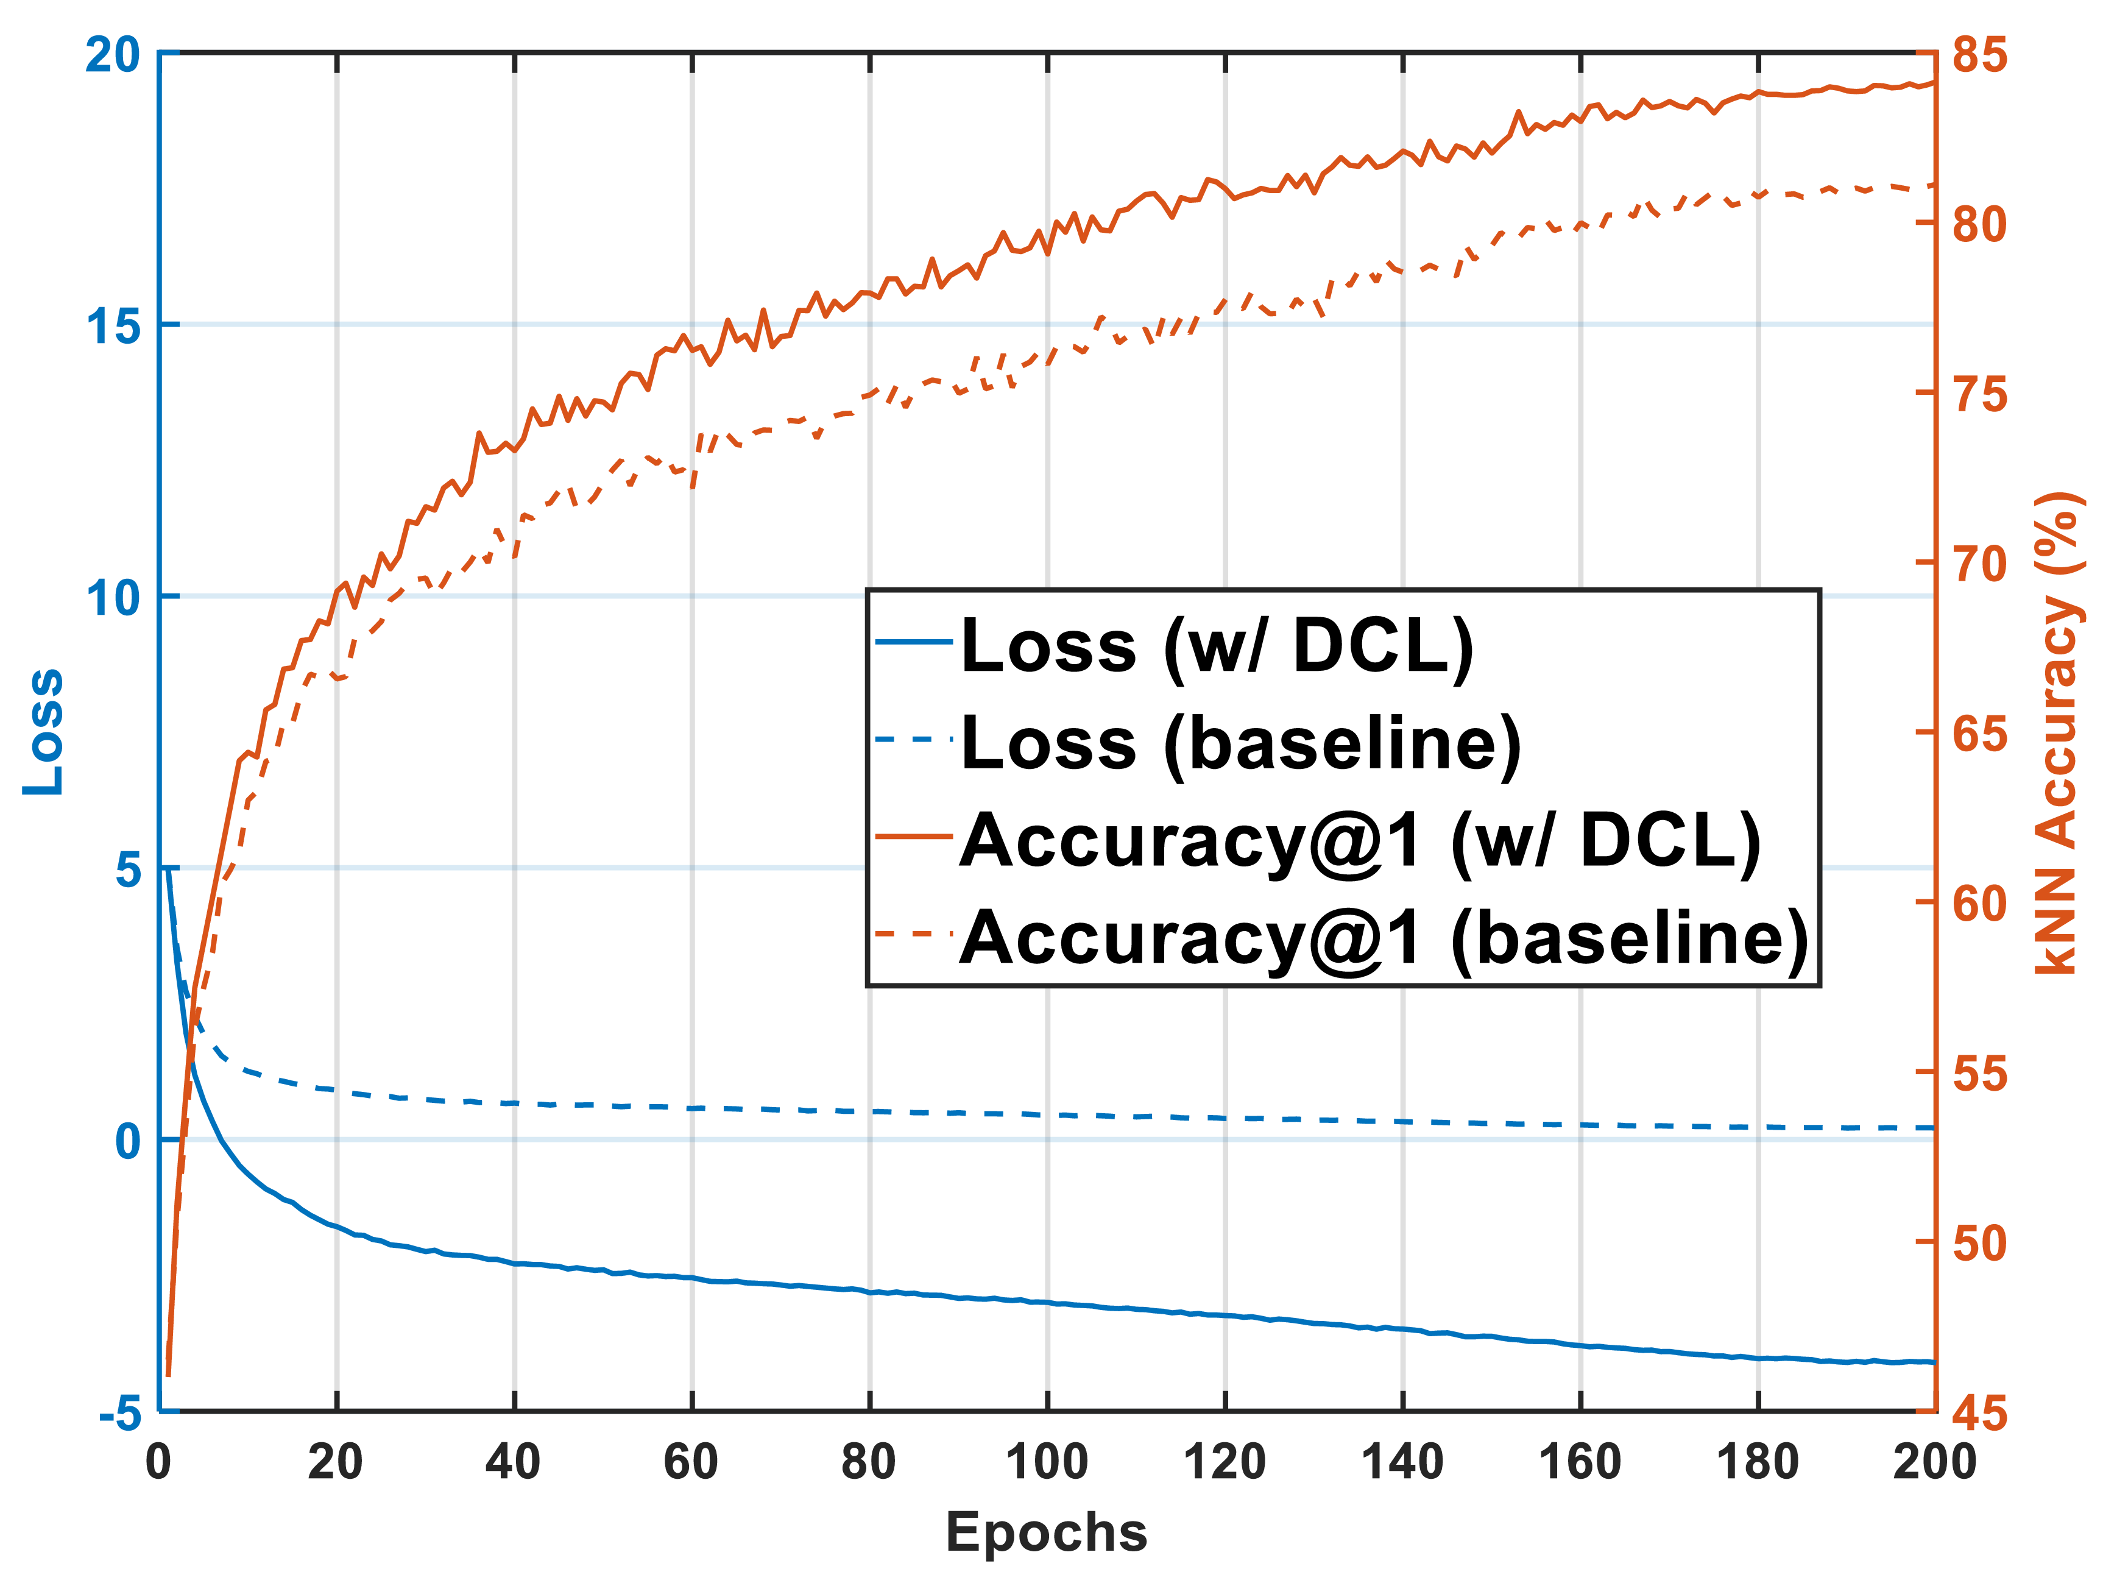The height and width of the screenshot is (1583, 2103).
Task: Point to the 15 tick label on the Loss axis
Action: (113, 326)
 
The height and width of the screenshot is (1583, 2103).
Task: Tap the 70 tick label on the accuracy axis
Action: (1979, 564)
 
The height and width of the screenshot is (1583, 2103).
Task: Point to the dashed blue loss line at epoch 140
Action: (1403, 1122)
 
